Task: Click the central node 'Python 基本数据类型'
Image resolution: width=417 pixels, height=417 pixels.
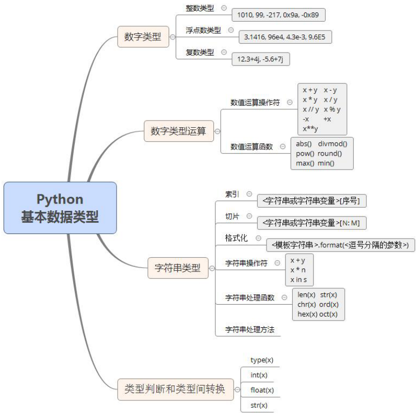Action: point(60,208)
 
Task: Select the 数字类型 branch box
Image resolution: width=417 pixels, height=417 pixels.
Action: point(143,37)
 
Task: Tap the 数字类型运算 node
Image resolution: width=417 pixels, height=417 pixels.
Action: point(178,131)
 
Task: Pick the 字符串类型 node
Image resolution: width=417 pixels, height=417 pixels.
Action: point(178,268)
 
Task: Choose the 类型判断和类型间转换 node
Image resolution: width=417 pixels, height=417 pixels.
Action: point(175,389)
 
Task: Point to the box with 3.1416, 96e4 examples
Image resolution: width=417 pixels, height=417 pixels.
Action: point(286,37)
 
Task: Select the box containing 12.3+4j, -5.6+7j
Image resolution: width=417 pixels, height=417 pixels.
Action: point(261,59)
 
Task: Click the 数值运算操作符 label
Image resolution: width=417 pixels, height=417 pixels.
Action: point(255,103)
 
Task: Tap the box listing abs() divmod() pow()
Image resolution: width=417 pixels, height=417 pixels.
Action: point(322,153)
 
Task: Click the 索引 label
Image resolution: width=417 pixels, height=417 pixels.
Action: point(232,194)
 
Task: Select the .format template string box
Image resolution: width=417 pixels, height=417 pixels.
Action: point(340,245)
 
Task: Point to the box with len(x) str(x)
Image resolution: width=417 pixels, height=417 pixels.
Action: point(318,304)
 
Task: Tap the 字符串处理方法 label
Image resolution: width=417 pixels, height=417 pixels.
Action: point(250,329)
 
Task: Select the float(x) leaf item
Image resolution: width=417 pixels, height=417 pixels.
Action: point(262,390)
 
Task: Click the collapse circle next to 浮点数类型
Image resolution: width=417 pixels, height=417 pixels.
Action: point(230,30)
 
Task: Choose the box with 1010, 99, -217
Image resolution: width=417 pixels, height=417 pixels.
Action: point(278,15)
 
